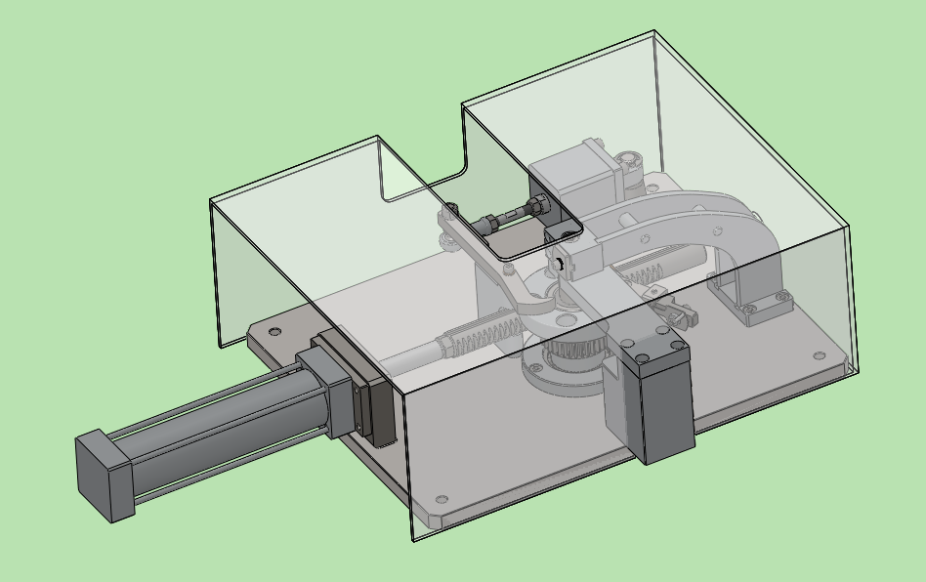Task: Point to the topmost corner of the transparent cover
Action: coord(653,32)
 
